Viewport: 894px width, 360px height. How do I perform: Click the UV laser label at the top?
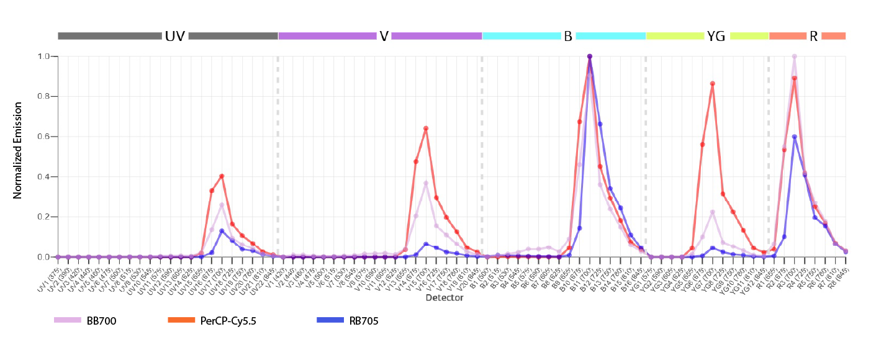point(175,36)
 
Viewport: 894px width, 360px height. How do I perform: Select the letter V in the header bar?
point(384,36)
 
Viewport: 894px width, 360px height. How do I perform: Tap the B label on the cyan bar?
point(568,36)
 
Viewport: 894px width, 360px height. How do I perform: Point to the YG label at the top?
point(716,36)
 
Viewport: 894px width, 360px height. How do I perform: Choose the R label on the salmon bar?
point(813,36)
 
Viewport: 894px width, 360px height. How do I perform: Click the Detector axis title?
point(445,298)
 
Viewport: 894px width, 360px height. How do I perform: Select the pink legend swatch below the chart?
point(71,327)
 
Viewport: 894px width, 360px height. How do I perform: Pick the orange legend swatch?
point(184,327)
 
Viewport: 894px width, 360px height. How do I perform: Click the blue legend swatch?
point(333,327)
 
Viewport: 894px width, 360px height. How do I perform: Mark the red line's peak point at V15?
point(426,128)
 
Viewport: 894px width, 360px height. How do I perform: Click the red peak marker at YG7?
point(712,84)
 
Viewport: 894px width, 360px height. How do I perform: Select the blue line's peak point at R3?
point(794,137)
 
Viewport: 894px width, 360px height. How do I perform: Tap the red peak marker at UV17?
point(222,176)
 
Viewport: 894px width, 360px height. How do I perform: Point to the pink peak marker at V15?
point(426,183)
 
